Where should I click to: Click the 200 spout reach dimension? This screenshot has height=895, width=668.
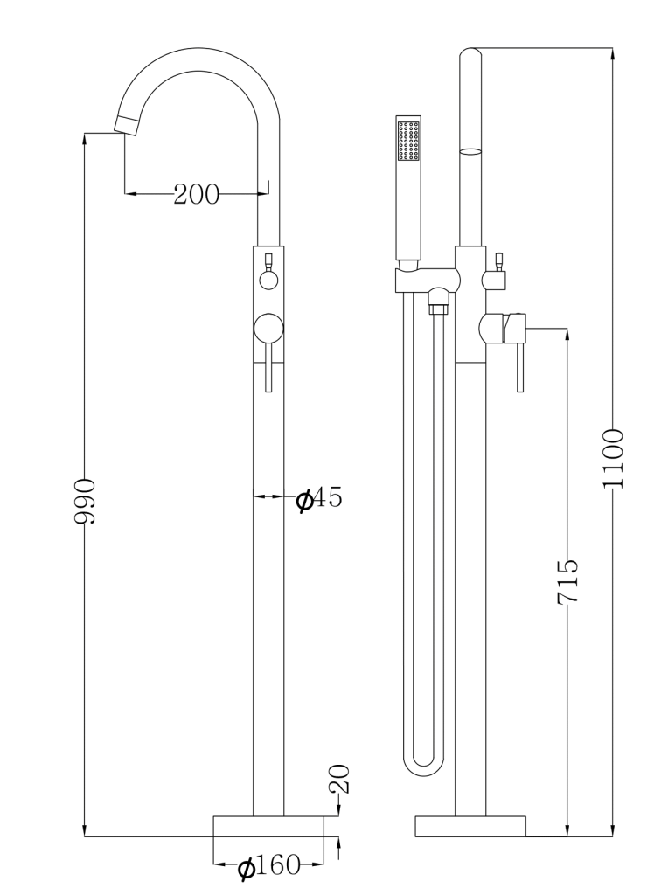point(196,194)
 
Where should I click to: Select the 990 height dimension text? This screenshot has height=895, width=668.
point(84,501)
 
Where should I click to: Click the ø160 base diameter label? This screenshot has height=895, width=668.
point(268,866)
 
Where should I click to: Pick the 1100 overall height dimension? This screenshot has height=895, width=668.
point(613,458)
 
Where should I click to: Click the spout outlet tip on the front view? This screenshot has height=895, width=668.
point(128,123)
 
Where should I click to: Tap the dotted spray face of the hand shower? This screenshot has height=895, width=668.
point(408,142)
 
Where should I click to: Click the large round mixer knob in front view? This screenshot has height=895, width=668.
point(268,329)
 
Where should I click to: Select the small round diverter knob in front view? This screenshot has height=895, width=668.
point(268,280)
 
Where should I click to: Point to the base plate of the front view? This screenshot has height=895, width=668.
point(268,826)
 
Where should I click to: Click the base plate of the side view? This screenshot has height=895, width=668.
point(470,826)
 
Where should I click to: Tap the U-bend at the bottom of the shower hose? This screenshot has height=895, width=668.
point(424,762)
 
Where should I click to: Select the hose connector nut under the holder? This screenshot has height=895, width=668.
point(436,307)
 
